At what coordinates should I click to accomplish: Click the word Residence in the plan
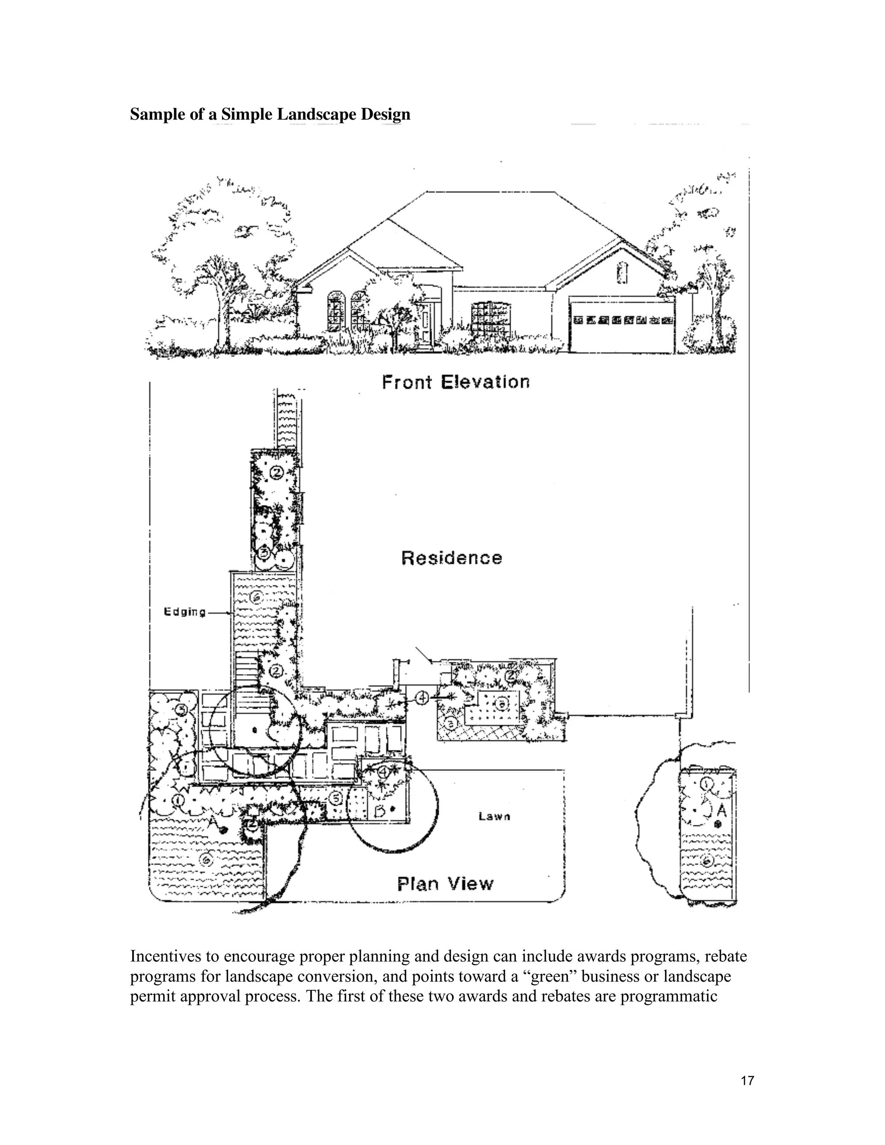(x=452, y=557)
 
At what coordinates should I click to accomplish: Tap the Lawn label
(x=494, y=816)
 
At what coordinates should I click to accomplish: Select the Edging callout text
(x=185, y=612)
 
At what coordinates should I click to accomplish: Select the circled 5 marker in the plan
(x=335, y=798)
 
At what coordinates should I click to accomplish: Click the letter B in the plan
(x=380, y=811)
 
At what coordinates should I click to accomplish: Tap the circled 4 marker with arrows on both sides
(x=423, y=698)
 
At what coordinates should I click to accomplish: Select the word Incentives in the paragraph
(x=166, y=956)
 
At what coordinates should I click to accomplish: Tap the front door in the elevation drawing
(x=425, y=322)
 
